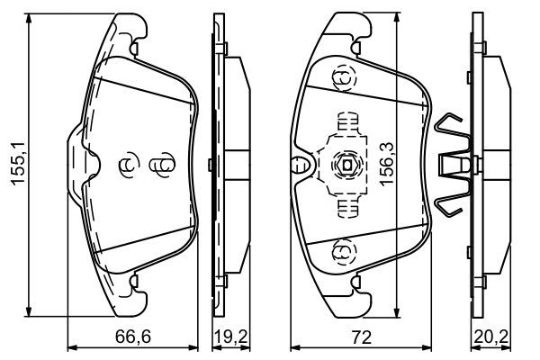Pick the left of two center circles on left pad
127,166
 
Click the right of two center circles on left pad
160,166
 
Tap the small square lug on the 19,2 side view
209,164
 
